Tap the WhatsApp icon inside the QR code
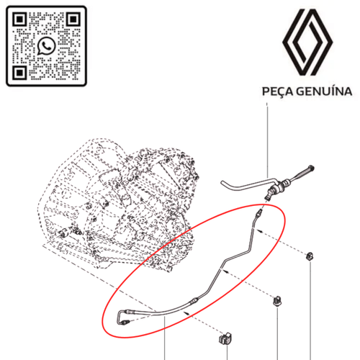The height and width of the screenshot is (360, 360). [x=46, y=45]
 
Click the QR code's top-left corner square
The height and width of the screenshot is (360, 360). [x=19, y=19]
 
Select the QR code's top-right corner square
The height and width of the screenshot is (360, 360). [x=73, y=19]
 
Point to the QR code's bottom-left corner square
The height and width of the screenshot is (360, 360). [x=19, y=73]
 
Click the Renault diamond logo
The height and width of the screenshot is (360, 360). [x=307, y=42]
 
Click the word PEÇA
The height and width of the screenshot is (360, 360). [x=277, y=91]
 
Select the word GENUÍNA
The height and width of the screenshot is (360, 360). [x=324, y=91]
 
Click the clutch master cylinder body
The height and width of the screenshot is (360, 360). [x=276, y=189]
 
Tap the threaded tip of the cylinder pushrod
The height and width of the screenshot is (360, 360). [x=311, y=167]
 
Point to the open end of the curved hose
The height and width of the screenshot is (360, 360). [x=222, y=183]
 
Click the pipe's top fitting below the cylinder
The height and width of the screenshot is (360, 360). [x=259, y=213]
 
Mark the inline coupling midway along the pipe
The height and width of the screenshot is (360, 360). [x=194, y=300]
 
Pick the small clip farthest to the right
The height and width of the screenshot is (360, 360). [x=310, y=256]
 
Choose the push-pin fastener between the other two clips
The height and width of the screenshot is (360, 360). [x=277, y=302]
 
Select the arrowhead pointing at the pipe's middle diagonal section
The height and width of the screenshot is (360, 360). [x=225, y=271]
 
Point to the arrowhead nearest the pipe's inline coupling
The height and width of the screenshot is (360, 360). [x=186, y=312]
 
